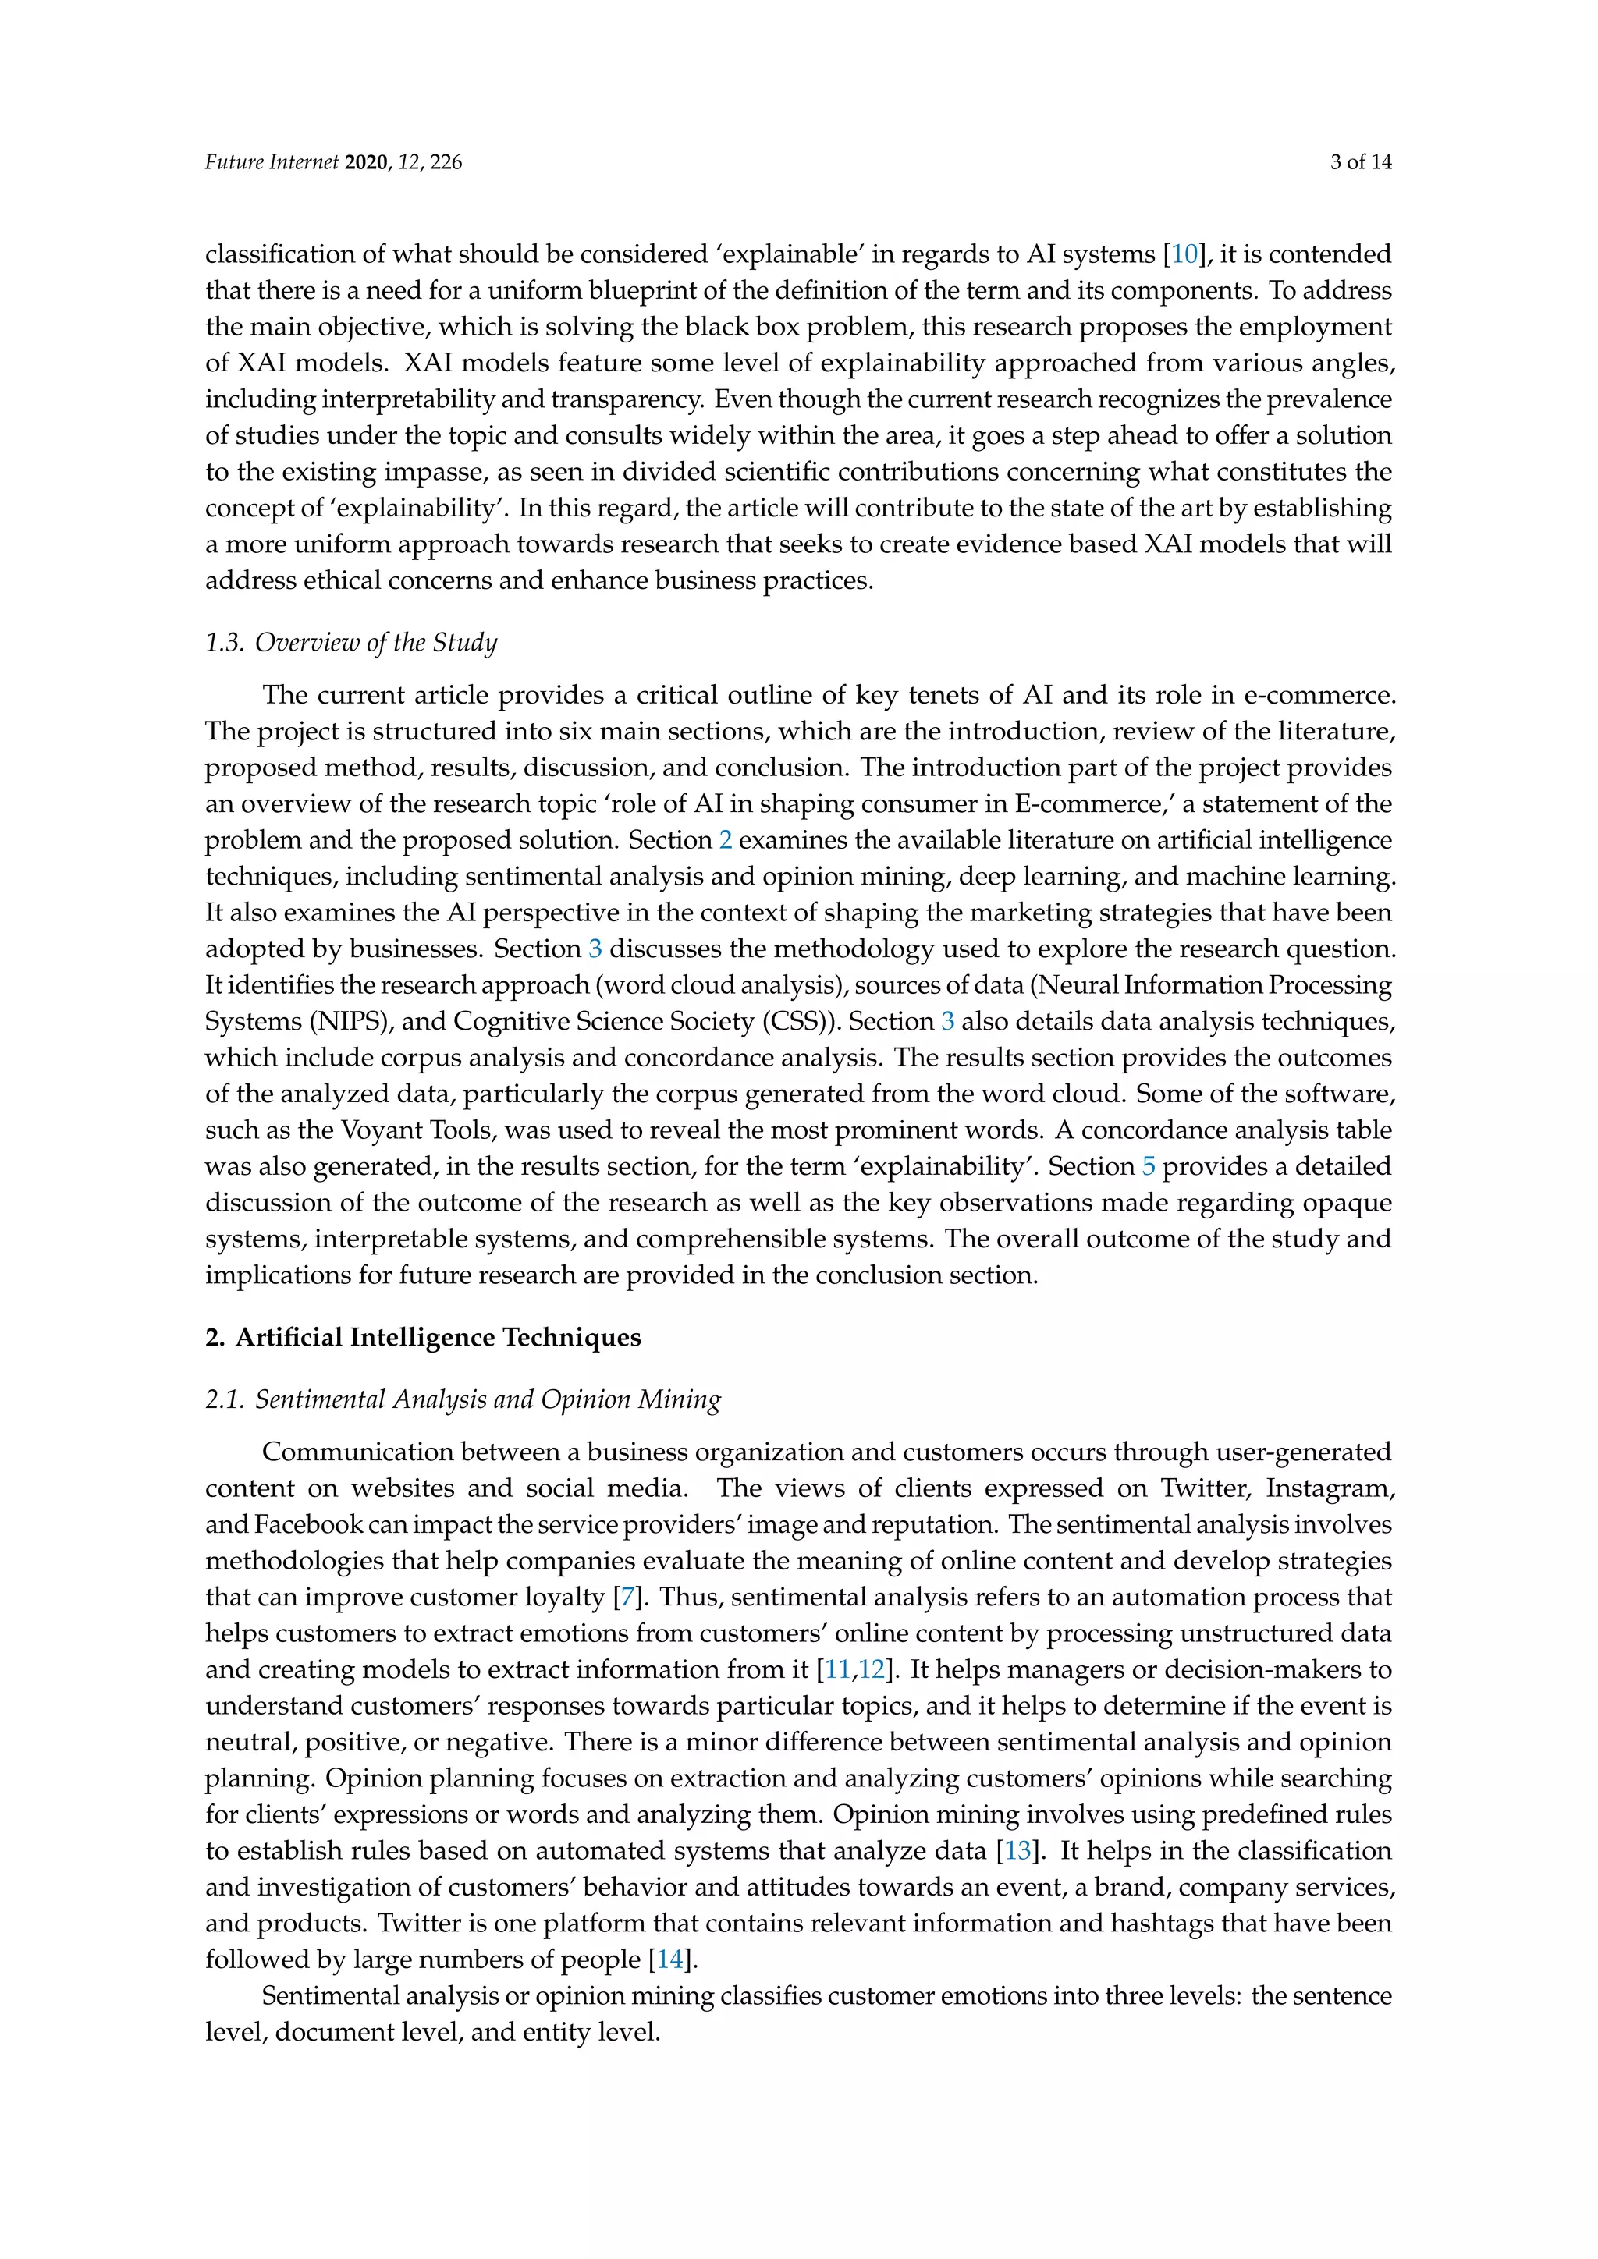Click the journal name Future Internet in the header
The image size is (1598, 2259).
click(x=272, y=162)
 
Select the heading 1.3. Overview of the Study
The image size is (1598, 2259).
click(x=351, y=643)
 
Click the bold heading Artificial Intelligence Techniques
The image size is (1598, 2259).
click(x=438, y=1337)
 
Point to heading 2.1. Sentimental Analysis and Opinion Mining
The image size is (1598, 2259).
click(x=463, y=1399)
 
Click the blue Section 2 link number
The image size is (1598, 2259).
click(x=725, y=840)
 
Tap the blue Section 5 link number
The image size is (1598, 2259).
click(x=1149, y=1166)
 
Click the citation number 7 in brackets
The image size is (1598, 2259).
click(x=627, y=1597)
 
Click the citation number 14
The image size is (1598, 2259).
click(x=669, y=1959)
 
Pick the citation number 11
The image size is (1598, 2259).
click(x=837, y=1669)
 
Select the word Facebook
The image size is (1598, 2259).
click(x=309, y=1525)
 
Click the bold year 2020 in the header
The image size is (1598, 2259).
click(x=367, y=162)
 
